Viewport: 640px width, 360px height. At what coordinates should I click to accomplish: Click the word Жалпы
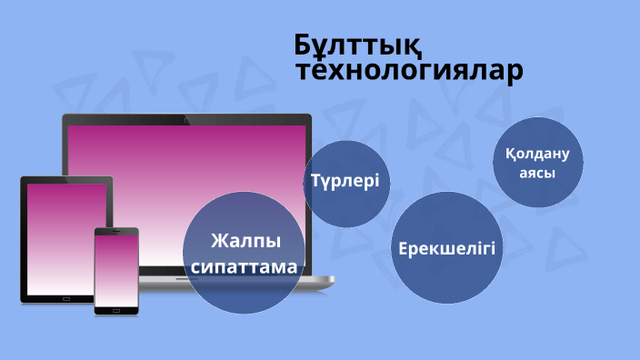244,242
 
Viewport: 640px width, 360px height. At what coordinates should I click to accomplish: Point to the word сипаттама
244,267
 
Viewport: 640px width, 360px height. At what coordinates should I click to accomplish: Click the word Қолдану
537,154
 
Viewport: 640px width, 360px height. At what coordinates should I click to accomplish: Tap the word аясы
537,171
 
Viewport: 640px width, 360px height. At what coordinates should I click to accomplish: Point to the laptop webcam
186,120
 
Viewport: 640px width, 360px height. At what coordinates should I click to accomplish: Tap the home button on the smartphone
116,311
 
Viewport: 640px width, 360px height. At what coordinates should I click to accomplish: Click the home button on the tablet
65,297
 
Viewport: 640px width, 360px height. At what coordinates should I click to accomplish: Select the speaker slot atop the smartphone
116,231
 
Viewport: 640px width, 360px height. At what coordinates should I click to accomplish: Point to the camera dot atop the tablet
65,180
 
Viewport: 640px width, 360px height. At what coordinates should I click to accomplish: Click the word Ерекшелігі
447,248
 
